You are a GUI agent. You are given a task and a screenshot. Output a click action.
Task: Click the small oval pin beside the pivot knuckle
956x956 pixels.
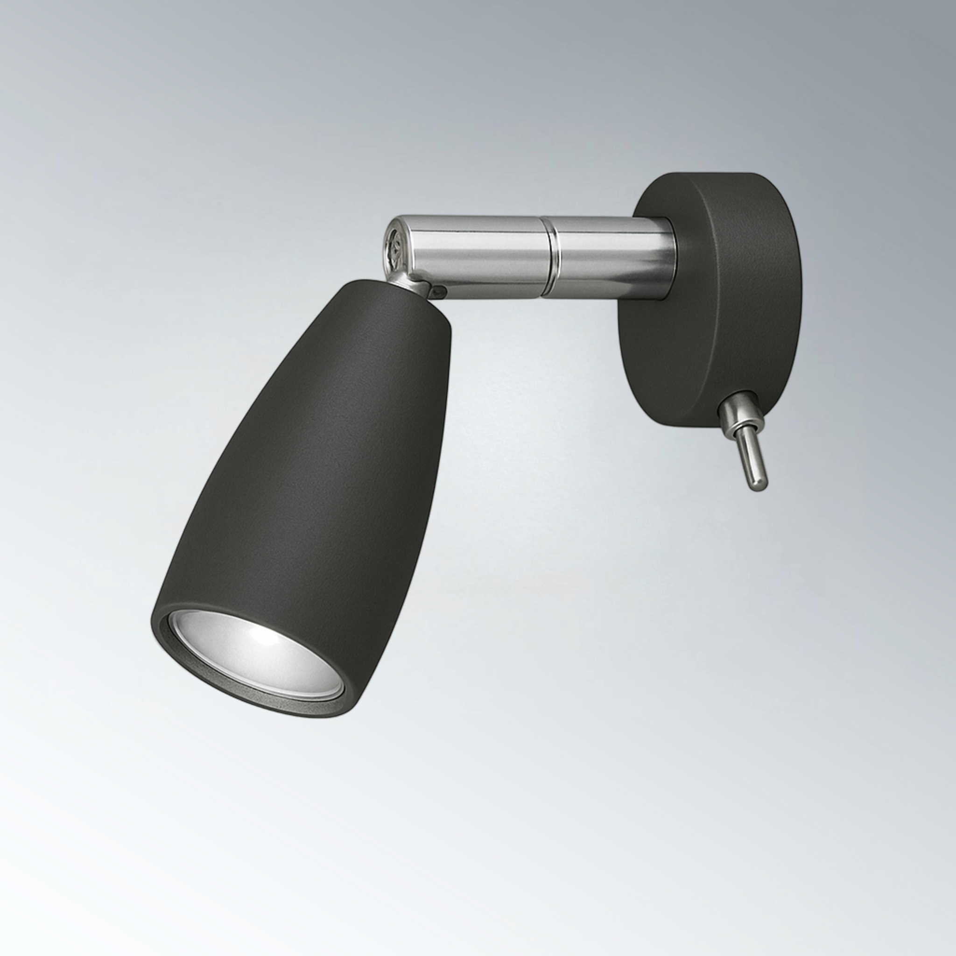[x=438, y=292]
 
